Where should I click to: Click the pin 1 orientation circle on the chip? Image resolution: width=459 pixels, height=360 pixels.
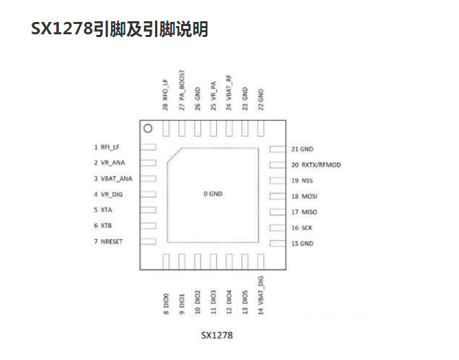[148, 128]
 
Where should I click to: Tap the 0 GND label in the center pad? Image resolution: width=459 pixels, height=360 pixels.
[213, 194]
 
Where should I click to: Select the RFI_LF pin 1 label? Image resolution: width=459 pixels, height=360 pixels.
[106, 147]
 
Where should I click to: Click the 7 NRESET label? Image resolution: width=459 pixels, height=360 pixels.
[108, 241]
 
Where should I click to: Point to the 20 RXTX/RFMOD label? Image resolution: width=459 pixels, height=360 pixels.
[316, 165]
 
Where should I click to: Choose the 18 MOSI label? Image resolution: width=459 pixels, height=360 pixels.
[304, 196]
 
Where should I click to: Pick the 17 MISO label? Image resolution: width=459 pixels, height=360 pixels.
[304, 212]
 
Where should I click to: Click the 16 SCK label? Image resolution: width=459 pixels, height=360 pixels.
[302, 228]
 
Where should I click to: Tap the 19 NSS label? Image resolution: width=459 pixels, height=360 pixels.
[302, 180]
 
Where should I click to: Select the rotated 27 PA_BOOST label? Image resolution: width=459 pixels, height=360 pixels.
[182, 90]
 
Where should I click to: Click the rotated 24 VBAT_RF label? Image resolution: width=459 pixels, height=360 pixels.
[229, 93]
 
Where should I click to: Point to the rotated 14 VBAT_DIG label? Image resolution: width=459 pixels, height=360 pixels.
[261, 296]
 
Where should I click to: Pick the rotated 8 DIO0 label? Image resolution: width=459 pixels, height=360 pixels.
[166, 304]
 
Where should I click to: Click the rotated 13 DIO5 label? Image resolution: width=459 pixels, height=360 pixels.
[245, 302]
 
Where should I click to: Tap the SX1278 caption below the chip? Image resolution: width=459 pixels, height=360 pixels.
[217, 335]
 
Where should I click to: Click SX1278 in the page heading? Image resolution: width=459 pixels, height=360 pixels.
[62, 29]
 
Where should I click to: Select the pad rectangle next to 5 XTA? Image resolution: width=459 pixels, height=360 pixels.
[148, 210]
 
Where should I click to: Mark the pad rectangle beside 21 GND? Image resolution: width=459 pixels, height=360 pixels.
[277, 149]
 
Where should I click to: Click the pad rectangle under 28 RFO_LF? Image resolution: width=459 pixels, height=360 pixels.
[166, 128]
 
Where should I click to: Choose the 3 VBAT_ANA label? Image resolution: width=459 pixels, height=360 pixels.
[113, 178]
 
